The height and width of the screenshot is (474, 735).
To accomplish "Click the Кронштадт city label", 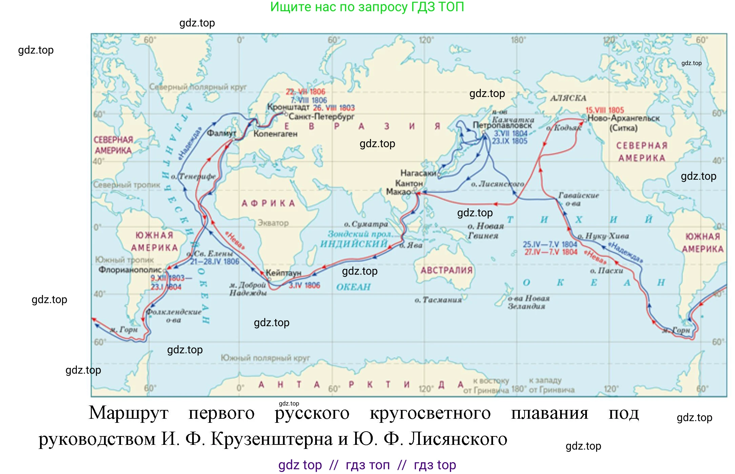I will [x=288, y=107].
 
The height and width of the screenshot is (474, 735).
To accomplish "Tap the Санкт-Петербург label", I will [x=321, y=117].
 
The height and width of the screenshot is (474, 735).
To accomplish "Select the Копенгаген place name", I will [x=275, y=134].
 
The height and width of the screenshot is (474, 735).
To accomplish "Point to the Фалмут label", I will [x=221, y=133].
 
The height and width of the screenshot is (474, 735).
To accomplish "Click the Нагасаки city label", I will [x=418, y=173].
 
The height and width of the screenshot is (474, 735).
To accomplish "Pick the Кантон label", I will [x=409, y=183].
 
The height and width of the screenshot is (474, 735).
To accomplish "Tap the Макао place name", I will [x=398, y=192].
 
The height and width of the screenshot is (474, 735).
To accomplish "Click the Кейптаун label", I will [x=283, y=273].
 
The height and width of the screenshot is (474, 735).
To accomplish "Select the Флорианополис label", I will [x=130, y=270].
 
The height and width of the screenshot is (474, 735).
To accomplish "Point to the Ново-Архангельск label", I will [x=624, y=118].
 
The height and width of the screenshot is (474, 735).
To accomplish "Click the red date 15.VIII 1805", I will [x=605, y=110].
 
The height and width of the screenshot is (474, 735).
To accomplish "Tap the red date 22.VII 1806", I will [x=305, y=92].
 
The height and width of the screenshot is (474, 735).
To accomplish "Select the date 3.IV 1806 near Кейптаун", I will [x=304, y=285].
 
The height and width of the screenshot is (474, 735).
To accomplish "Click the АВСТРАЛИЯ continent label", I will [x=446, y=270].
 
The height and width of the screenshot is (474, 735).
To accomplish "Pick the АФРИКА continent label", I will [x=268, y=203].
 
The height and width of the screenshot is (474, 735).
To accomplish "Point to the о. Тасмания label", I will [x=438, y=300].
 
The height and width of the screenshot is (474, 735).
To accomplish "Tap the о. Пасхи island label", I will [x=606, y=271].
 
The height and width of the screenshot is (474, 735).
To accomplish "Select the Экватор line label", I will [x=273, y=223].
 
